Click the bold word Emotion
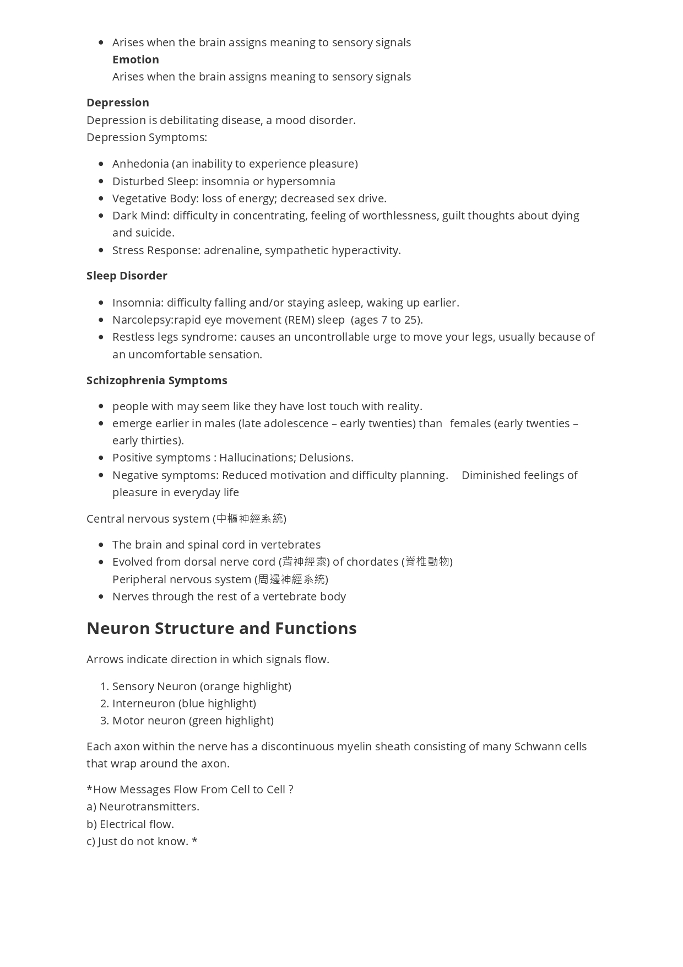click(x=135, y=60)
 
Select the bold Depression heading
click(x=118, y=103)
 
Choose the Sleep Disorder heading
click(x=127, y=276)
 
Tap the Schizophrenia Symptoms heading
click(x=157, y=380)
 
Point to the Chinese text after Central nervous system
click(x=250, y=519)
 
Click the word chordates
click(x=372, y=562)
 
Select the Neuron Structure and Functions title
click(x=221, y=628)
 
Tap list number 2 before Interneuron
click(x=105, y=703)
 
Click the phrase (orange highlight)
click(x=246, y=686)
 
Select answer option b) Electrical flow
click(x=131, y=824)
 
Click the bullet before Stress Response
click(x=101, y=250)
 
